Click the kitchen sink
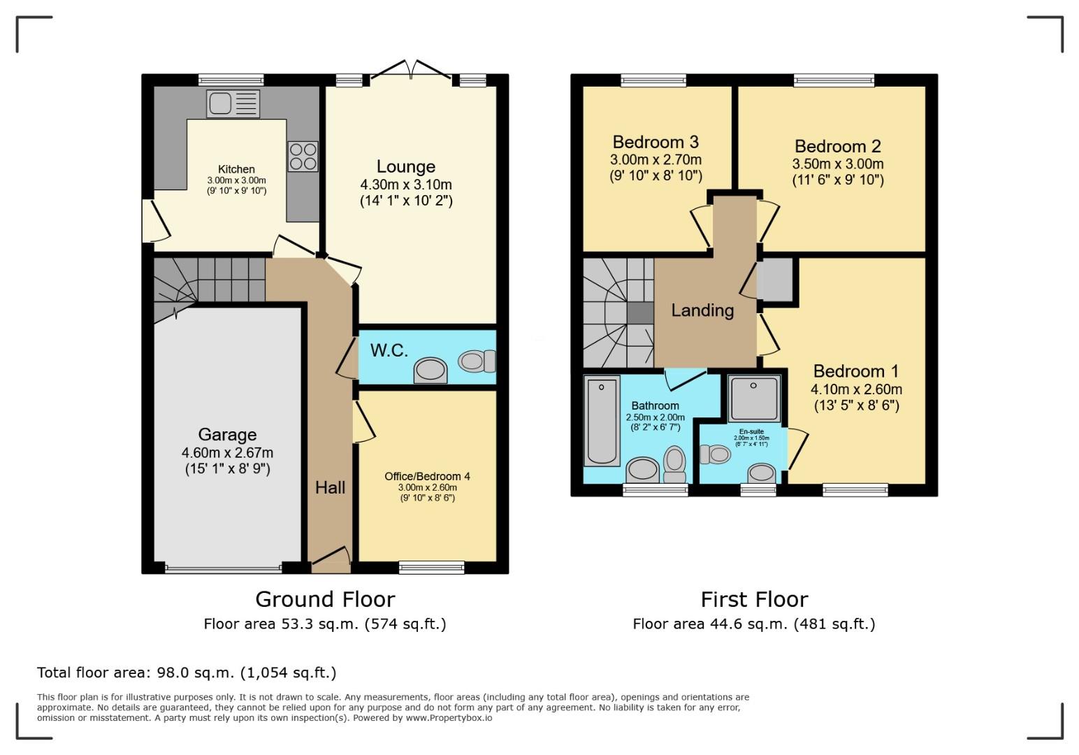233,103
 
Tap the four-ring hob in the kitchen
303,157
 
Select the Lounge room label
405,166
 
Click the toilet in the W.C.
477,361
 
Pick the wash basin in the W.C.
430,371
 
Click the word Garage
227,434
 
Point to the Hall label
330,487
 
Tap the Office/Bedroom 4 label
427,476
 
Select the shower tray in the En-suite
753,398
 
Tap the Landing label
702,310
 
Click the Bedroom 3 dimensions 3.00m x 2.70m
656,159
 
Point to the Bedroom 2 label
837,146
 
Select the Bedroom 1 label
855,371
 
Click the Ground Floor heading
325,599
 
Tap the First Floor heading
754,599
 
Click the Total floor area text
187,673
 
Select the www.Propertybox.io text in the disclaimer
449,718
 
